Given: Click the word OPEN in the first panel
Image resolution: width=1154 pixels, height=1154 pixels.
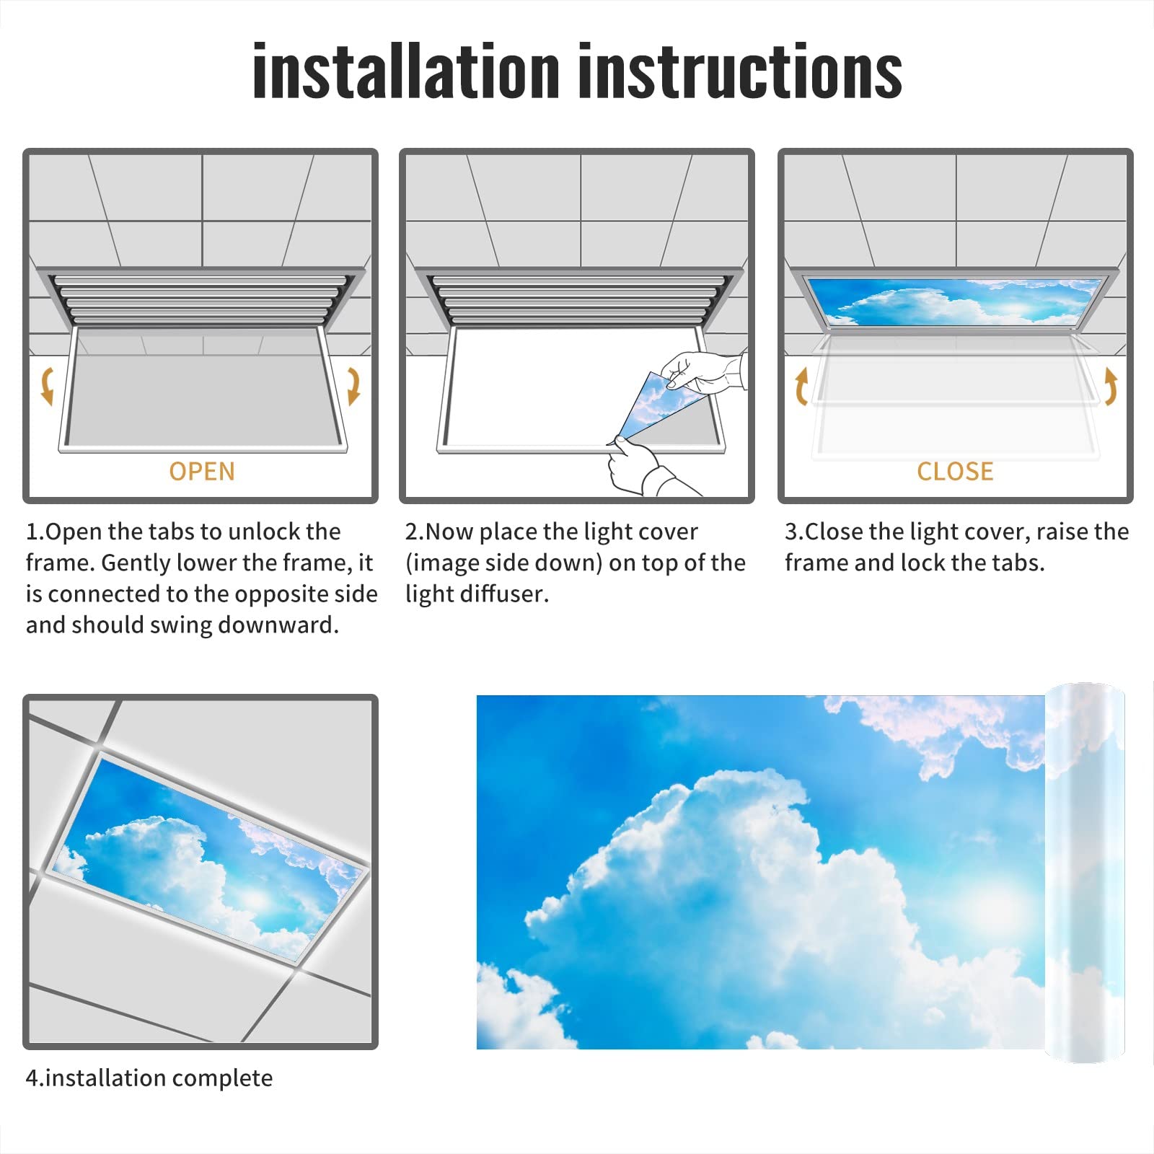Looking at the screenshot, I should coord(202,472).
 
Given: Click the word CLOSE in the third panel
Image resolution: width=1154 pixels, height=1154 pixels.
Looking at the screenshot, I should coord(955,472).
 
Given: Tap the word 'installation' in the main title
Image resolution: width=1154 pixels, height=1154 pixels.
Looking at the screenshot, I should coord(406,71).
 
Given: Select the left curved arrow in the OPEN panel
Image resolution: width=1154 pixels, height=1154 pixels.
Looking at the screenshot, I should coord(48,385).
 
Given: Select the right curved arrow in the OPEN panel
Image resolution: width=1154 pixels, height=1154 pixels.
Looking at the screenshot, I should coord(353,385).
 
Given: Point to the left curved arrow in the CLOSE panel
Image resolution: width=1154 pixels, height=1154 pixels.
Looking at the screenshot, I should coord(801,387).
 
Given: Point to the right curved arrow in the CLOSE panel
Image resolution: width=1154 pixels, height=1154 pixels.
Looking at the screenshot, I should coord(1111,385).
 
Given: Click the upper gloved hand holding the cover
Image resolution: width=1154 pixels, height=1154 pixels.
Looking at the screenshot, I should coord(700,371).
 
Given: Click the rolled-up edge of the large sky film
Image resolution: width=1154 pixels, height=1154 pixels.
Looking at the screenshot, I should coord(1084,873).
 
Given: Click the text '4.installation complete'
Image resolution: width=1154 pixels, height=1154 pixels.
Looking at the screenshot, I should coord(149,1078).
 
